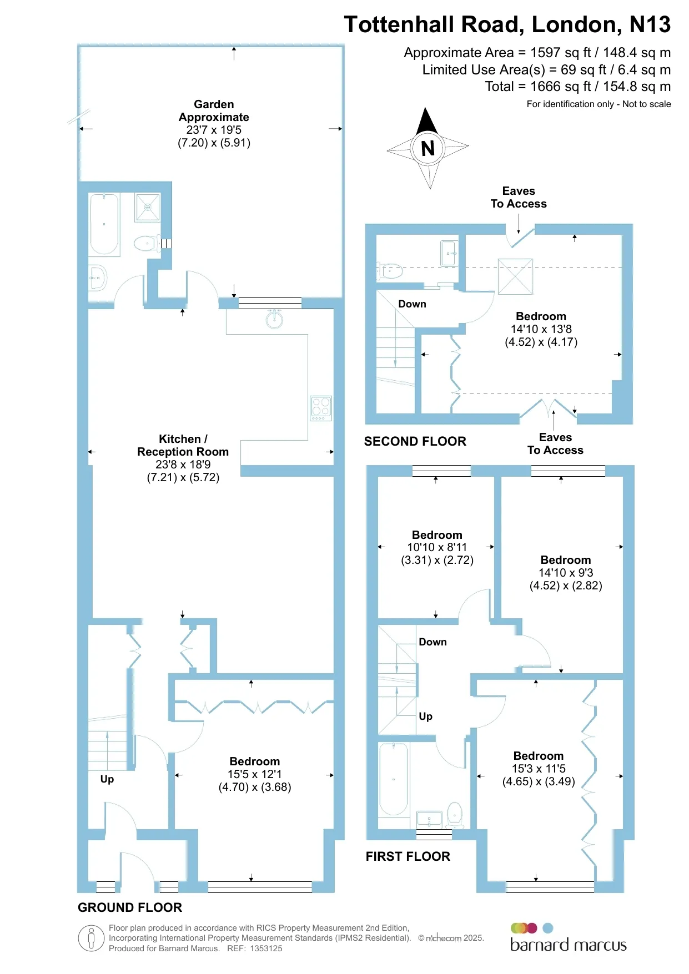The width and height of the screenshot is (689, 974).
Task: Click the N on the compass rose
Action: [428, 148]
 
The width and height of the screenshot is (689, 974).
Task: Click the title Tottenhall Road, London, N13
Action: [507, 24]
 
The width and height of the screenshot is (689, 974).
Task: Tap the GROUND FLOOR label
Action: [130, 907]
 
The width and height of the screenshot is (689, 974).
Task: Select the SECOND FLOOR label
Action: [415, 441]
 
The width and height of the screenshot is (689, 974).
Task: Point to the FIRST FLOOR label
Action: [408, 856]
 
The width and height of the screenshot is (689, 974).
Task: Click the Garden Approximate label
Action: [214, 110]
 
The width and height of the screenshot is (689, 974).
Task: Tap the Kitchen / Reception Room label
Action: [183, 445]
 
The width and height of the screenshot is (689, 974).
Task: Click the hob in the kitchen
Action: [321, 408]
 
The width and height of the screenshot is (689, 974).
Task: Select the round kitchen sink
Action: [274, 319]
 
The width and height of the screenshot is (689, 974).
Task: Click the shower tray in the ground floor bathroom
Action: [148, 207]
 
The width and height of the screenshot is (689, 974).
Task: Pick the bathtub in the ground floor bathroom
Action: [104, 224]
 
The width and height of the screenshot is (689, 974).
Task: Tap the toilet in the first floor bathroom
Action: [455, 814]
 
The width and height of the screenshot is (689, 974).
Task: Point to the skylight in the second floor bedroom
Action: [515, 276]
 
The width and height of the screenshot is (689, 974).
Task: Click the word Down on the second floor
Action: [412, 304]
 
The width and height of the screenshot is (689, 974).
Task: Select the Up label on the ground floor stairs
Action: [107, 779]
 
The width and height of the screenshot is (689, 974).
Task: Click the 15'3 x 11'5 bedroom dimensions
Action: [539, 769]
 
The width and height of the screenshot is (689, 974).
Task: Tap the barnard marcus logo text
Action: [568, 945]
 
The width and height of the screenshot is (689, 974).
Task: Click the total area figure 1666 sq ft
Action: [561, 87]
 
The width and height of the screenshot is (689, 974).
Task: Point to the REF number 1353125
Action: [266, 948]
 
